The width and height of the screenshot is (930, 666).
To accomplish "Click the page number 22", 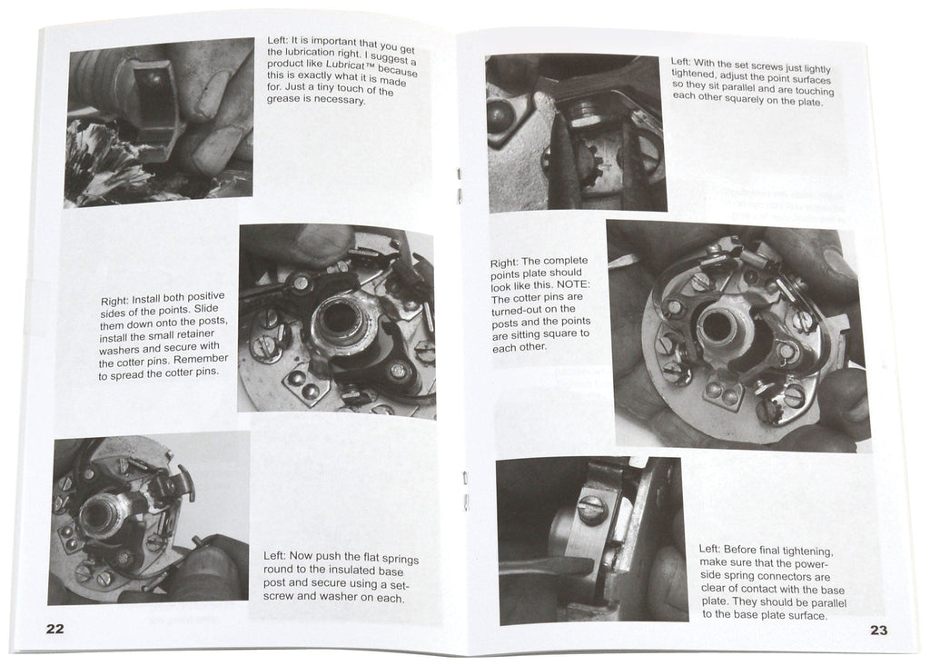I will point(54,630).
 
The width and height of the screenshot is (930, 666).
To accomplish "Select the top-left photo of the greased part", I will point(160,121).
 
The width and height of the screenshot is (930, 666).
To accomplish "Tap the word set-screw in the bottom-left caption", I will point(397,585).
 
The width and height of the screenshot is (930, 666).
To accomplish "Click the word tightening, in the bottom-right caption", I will point(835,551).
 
